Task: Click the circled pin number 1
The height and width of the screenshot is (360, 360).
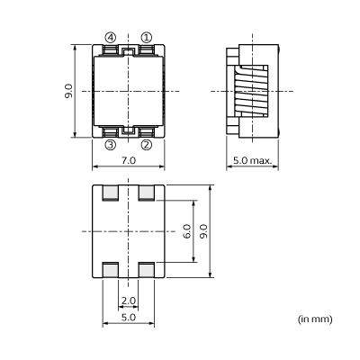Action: pos(146,38)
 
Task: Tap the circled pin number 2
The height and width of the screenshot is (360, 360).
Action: pos(146,144)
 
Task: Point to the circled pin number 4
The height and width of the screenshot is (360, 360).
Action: pos(111,38)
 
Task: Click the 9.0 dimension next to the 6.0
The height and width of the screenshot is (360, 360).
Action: pos(203,230)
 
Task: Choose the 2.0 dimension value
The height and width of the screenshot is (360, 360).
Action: pos(128,301)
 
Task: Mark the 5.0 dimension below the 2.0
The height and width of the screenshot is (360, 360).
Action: pos(128,317)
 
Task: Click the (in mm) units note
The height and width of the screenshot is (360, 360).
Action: pos(315,319)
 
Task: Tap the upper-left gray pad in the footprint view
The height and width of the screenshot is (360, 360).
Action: pos(111,192)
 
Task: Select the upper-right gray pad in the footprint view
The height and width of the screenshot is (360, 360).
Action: pos(146,192)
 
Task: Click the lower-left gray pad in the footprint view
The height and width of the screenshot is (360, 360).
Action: pos(111,270)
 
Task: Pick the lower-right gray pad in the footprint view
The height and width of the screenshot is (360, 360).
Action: pos(146,270)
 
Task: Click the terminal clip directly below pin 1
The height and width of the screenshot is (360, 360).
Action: pos(146,50)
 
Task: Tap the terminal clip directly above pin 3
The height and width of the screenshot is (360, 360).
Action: pos(111,131)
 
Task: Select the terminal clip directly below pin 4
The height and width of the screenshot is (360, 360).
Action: pos(111,50)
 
